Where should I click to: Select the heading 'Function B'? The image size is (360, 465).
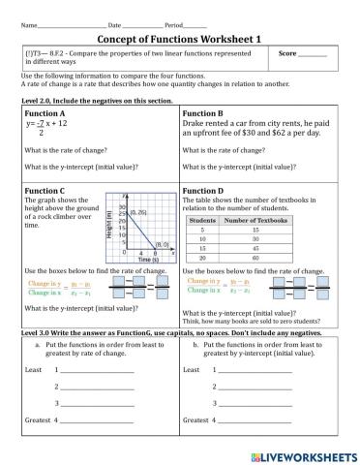point(204,113)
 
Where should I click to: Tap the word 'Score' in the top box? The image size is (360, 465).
point(288,54)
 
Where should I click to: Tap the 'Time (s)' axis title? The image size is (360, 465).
point(147,261)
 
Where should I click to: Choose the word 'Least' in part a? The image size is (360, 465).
point(33,370)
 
